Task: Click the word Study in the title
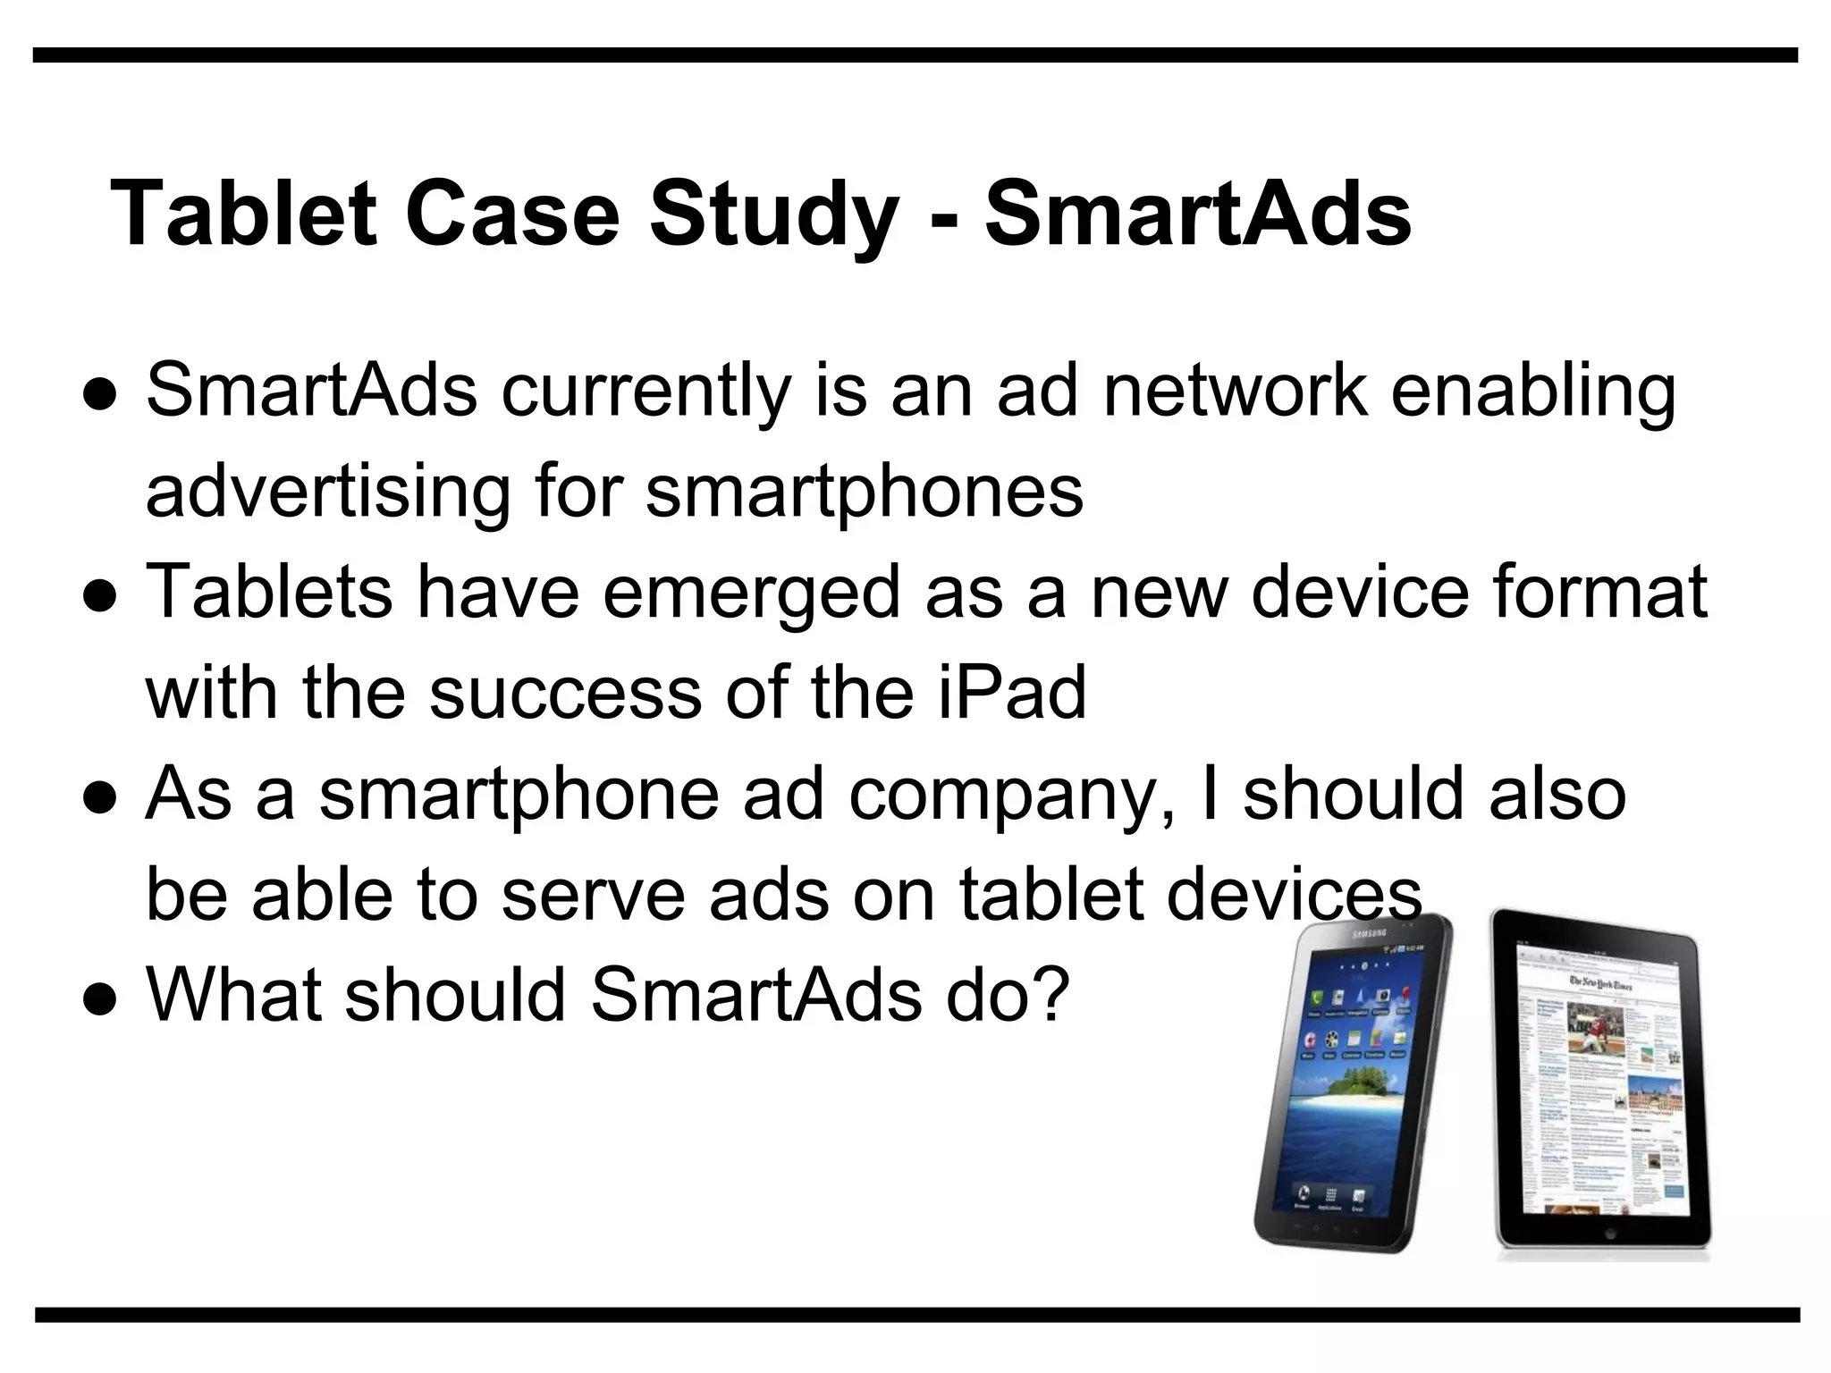click(x=773, y=215)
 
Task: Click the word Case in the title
click(x=511, y=215)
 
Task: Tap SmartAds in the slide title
click(x=1198, y=215)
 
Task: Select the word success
click(x=565, y=695)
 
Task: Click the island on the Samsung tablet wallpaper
click(x=1359, y=1087)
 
